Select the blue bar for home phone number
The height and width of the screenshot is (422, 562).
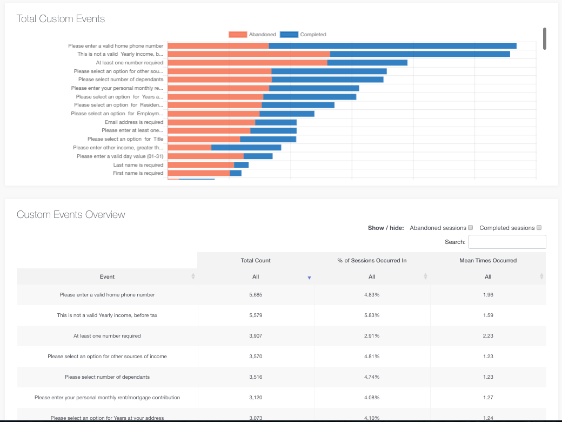(392, 46)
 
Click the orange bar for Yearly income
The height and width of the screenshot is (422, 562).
(249, 54)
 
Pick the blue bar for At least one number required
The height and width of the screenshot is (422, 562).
(367, 63)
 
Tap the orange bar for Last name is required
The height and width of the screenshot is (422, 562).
(200, 164)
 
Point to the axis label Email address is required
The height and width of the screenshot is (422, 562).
(133, 122)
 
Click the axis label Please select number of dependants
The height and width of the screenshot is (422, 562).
(121, 80)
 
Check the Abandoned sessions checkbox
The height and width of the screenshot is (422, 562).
(470, 228)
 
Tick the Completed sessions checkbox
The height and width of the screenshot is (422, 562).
(539, 228)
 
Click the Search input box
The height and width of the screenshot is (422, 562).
(507, 242)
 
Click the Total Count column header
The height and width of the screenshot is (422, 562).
(256, 260)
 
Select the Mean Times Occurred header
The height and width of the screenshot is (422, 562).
(488, 260)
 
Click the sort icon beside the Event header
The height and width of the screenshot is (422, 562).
(193, 276)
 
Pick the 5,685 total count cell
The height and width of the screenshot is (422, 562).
(256, 295)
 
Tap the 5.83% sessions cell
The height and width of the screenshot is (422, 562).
(372, 315)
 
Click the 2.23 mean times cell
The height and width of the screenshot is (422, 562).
(488, 336)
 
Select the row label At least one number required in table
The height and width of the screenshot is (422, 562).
(107, 336)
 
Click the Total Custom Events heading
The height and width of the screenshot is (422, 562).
(61, 19)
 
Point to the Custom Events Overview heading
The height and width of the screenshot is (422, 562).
(71, 215)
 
